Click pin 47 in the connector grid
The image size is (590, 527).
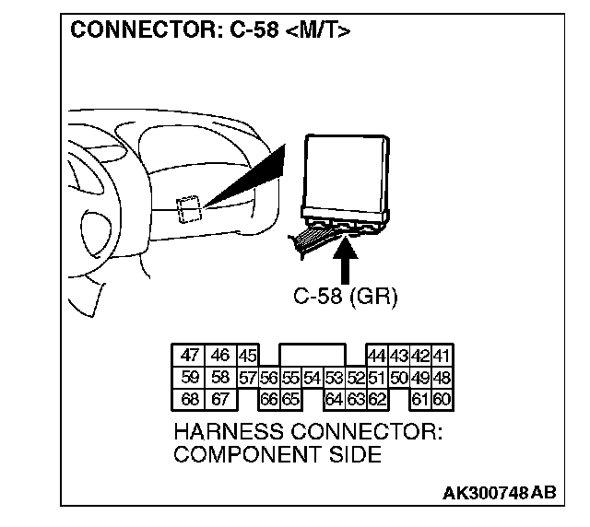191,355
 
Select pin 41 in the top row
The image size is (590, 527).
442,356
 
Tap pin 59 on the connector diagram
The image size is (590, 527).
191,377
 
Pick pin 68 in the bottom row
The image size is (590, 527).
191,399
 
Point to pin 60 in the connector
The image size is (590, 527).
442,399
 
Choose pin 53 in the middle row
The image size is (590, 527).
335,378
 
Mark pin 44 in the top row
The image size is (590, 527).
376,356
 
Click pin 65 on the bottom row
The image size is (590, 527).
290,399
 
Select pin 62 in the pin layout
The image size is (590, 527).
376,399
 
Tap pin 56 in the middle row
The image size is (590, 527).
269,378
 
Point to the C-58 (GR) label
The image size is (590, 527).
346,297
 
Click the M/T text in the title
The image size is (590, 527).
325,29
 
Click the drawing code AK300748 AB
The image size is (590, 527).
500,495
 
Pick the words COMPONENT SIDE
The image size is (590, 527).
277,455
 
